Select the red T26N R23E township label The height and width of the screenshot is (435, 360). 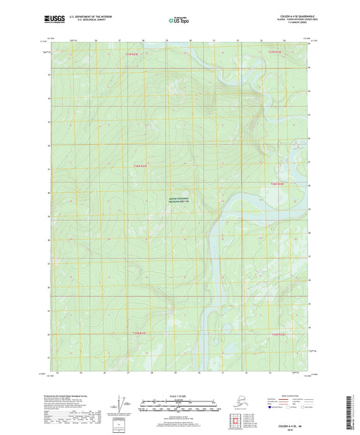tap(140, 166)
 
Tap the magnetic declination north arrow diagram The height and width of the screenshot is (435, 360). tap(120, 407)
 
